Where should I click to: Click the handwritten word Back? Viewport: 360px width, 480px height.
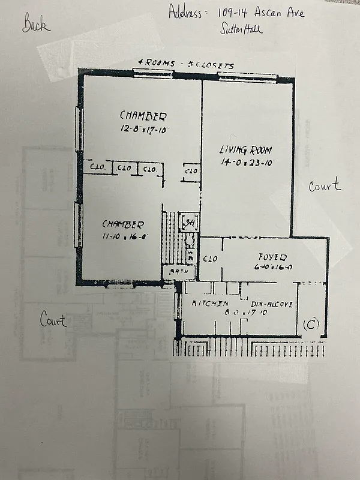point(37,25)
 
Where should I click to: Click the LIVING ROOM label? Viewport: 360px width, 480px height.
point(245,150)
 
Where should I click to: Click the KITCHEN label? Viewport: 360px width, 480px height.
point(209,304)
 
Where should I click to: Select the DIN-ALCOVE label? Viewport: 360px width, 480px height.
point(271,304)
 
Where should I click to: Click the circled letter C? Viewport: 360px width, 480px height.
point(310,325)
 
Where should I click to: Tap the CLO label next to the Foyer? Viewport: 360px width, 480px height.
point(209,259)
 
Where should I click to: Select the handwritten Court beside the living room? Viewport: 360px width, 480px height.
point(325,186)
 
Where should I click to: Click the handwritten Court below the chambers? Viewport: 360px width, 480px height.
point(53,319)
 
